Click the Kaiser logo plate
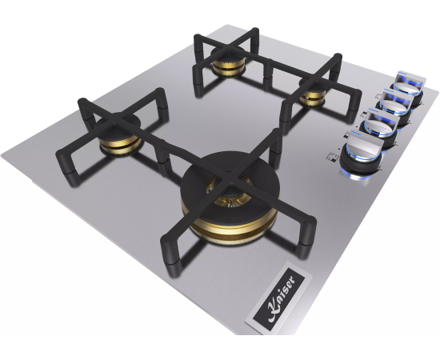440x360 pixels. (278, 298)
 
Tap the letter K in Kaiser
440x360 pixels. (274, 311)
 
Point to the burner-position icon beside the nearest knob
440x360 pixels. (333, 157)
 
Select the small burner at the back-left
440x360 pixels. (228, 62)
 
